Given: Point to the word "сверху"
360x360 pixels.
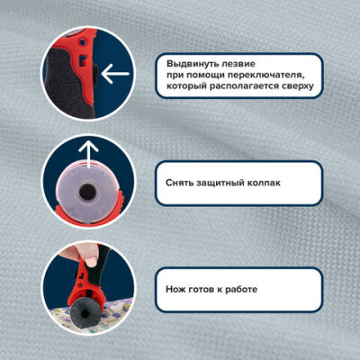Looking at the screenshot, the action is point(298,86).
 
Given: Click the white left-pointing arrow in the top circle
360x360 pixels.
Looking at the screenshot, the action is point(115,74).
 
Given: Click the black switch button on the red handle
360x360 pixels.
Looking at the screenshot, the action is point(94,73).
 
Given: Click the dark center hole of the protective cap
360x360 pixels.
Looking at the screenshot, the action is point(87,191).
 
